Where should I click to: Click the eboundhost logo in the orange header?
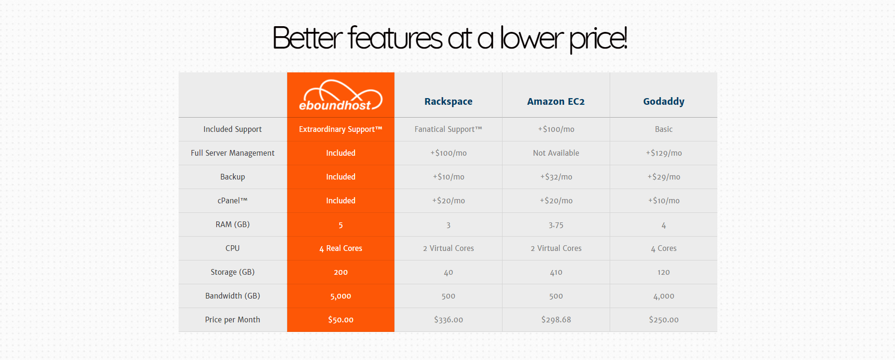point(341,95)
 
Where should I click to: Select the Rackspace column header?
point(448,101)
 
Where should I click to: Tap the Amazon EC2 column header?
point(556,101)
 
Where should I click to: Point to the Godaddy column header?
point(664,101)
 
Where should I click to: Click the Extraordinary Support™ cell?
point(341,129)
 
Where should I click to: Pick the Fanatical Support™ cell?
point(448,129)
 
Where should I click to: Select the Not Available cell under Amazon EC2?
point(556,153)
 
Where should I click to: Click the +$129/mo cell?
point(664,153)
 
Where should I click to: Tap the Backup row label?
point(232,177)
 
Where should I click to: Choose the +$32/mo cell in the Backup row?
point(556,177)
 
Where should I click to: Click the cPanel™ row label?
point(232,200)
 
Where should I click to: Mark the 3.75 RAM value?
point(556,225)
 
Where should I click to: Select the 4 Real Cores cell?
point(341,248)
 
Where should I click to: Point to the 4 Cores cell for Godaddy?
point(664,248)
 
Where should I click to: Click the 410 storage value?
point(556,272)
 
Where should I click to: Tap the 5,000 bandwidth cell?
point(341,296)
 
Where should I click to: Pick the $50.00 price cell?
point(341,320)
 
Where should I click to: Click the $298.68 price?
point(556,320)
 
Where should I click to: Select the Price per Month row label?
point(232,320)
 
